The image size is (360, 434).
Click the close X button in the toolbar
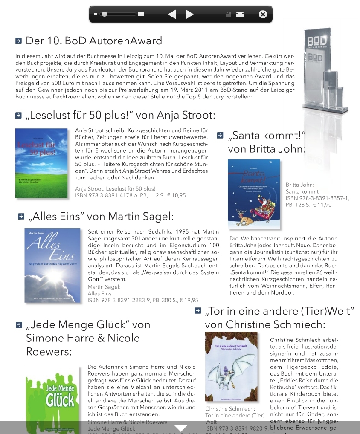click(x=263, y=14)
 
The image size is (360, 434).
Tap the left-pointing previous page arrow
click(x=171, y=14)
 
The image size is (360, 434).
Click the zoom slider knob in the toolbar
click(x=105, y=14)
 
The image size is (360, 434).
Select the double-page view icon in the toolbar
click(x=240, y=14)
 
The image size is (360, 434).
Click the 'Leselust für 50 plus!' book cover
click(x=41, y=163)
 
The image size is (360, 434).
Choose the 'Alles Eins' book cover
click(x=52, y=265)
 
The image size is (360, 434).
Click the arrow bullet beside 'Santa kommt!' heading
click(x=220, y=136)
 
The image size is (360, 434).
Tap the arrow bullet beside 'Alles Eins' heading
click(x=21, y=217)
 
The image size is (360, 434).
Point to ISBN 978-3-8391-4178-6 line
click(x=130, y=195)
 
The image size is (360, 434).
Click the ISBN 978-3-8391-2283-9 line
click(x=143, y=300)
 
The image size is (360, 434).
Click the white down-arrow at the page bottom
click(x=181, y=428)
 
